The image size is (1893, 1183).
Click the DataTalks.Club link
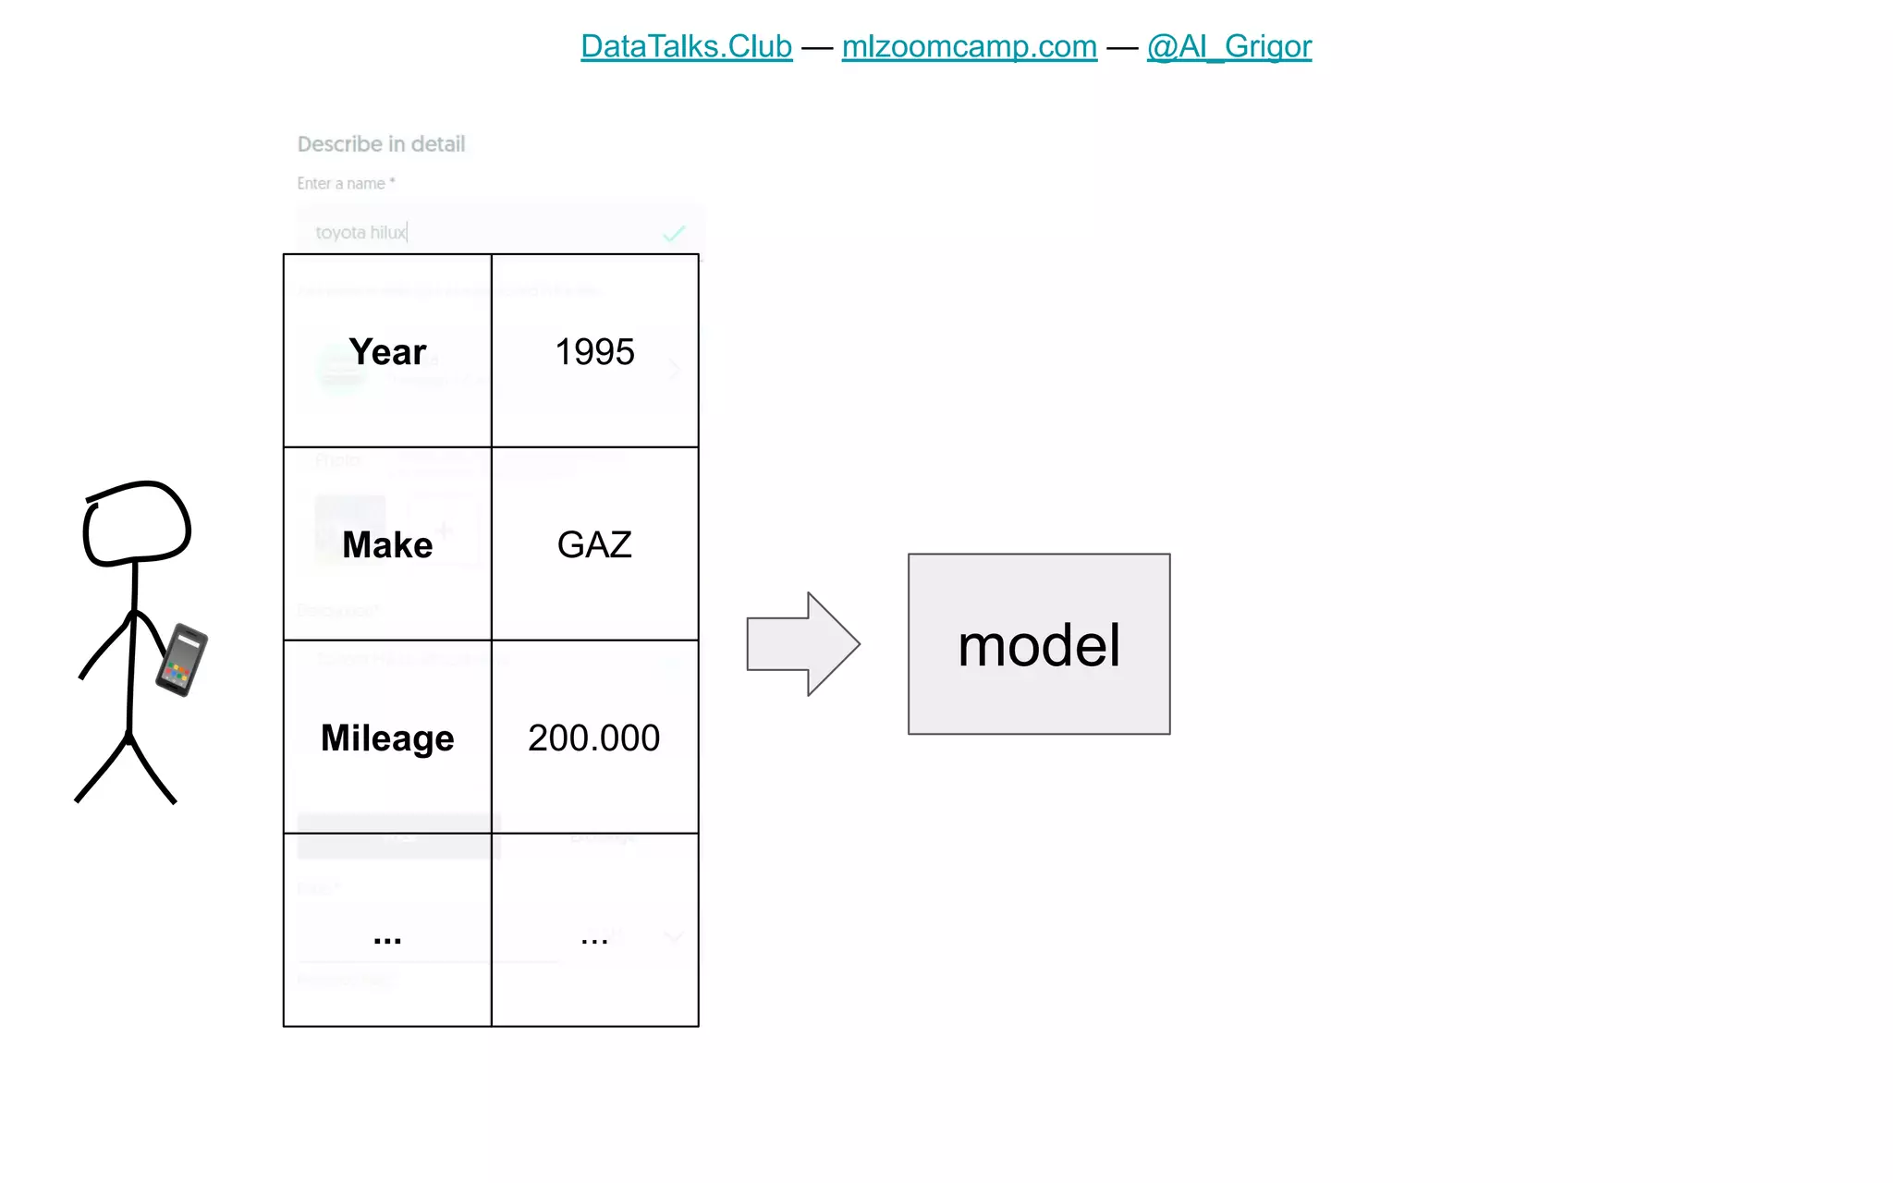[686, 46]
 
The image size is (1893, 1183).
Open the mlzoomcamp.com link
[969, 46]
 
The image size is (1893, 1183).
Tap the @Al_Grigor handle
[1228, 46]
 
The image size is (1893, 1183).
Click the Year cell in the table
[387, 352]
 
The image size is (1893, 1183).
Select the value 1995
[594, 352]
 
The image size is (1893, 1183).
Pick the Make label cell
[387, 544]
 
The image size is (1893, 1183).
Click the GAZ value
[594, 544]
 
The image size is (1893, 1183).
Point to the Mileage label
[387, 738]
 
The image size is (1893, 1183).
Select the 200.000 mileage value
[594, 738]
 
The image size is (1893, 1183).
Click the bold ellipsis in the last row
[387, 938]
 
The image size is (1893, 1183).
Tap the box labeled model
[1039, 644]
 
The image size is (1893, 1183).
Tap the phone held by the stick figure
[182, 660]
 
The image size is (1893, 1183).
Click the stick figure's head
[137, 523]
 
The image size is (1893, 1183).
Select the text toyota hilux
[360, 233]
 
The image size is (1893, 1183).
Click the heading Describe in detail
[381, 144]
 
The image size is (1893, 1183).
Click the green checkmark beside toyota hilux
[674, 234]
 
